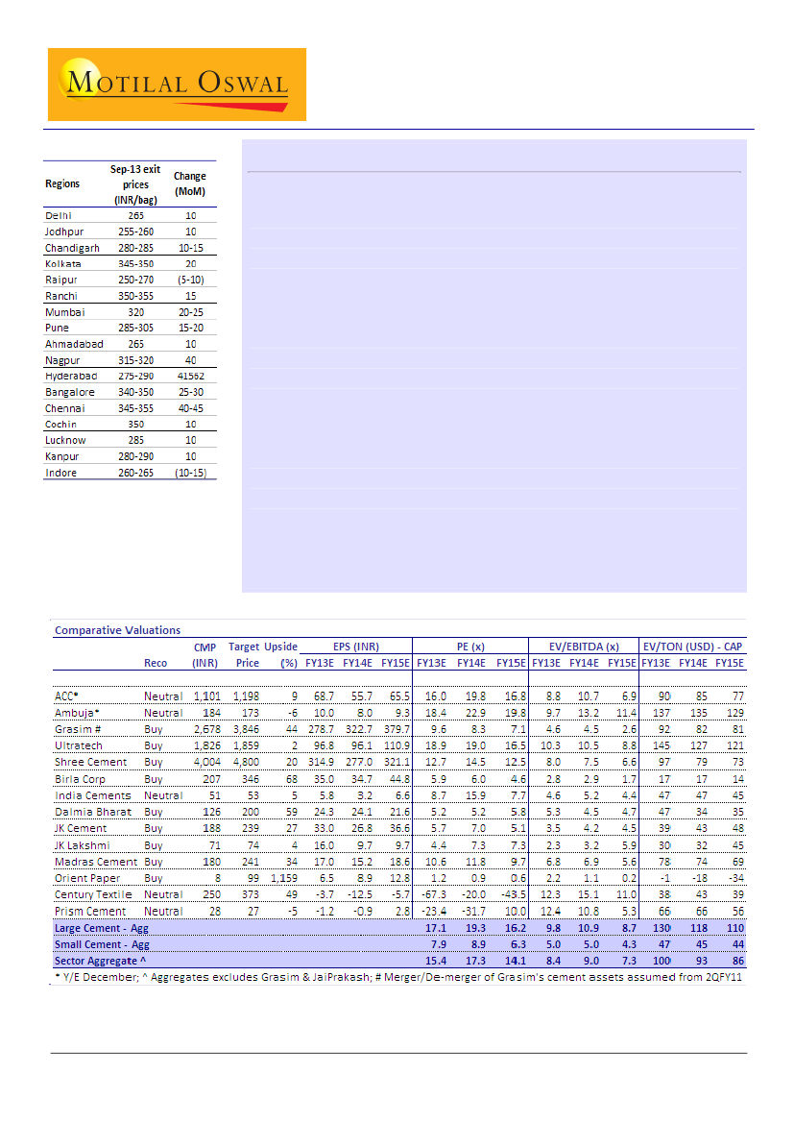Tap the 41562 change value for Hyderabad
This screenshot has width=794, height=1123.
coord(190,376)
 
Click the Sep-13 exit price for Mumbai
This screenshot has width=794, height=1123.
coord(135,312)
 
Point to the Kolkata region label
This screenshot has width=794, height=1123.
coord(63,263)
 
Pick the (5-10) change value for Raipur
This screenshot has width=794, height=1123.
coord(190,280)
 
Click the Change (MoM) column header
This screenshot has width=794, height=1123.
coord(190,183)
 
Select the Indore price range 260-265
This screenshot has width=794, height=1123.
coord(135,473)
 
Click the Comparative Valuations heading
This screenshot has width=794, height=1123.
coord(117,630)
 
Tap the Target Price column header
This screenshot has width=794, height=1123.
coord(244,654)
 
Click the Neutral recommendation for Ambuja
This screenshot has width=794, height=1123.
coord(163,712)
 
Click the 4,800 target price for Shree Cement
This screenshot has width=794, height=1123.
coord(246,762)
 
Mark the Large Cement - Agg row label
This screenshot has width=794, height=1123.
coord(102,928)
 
